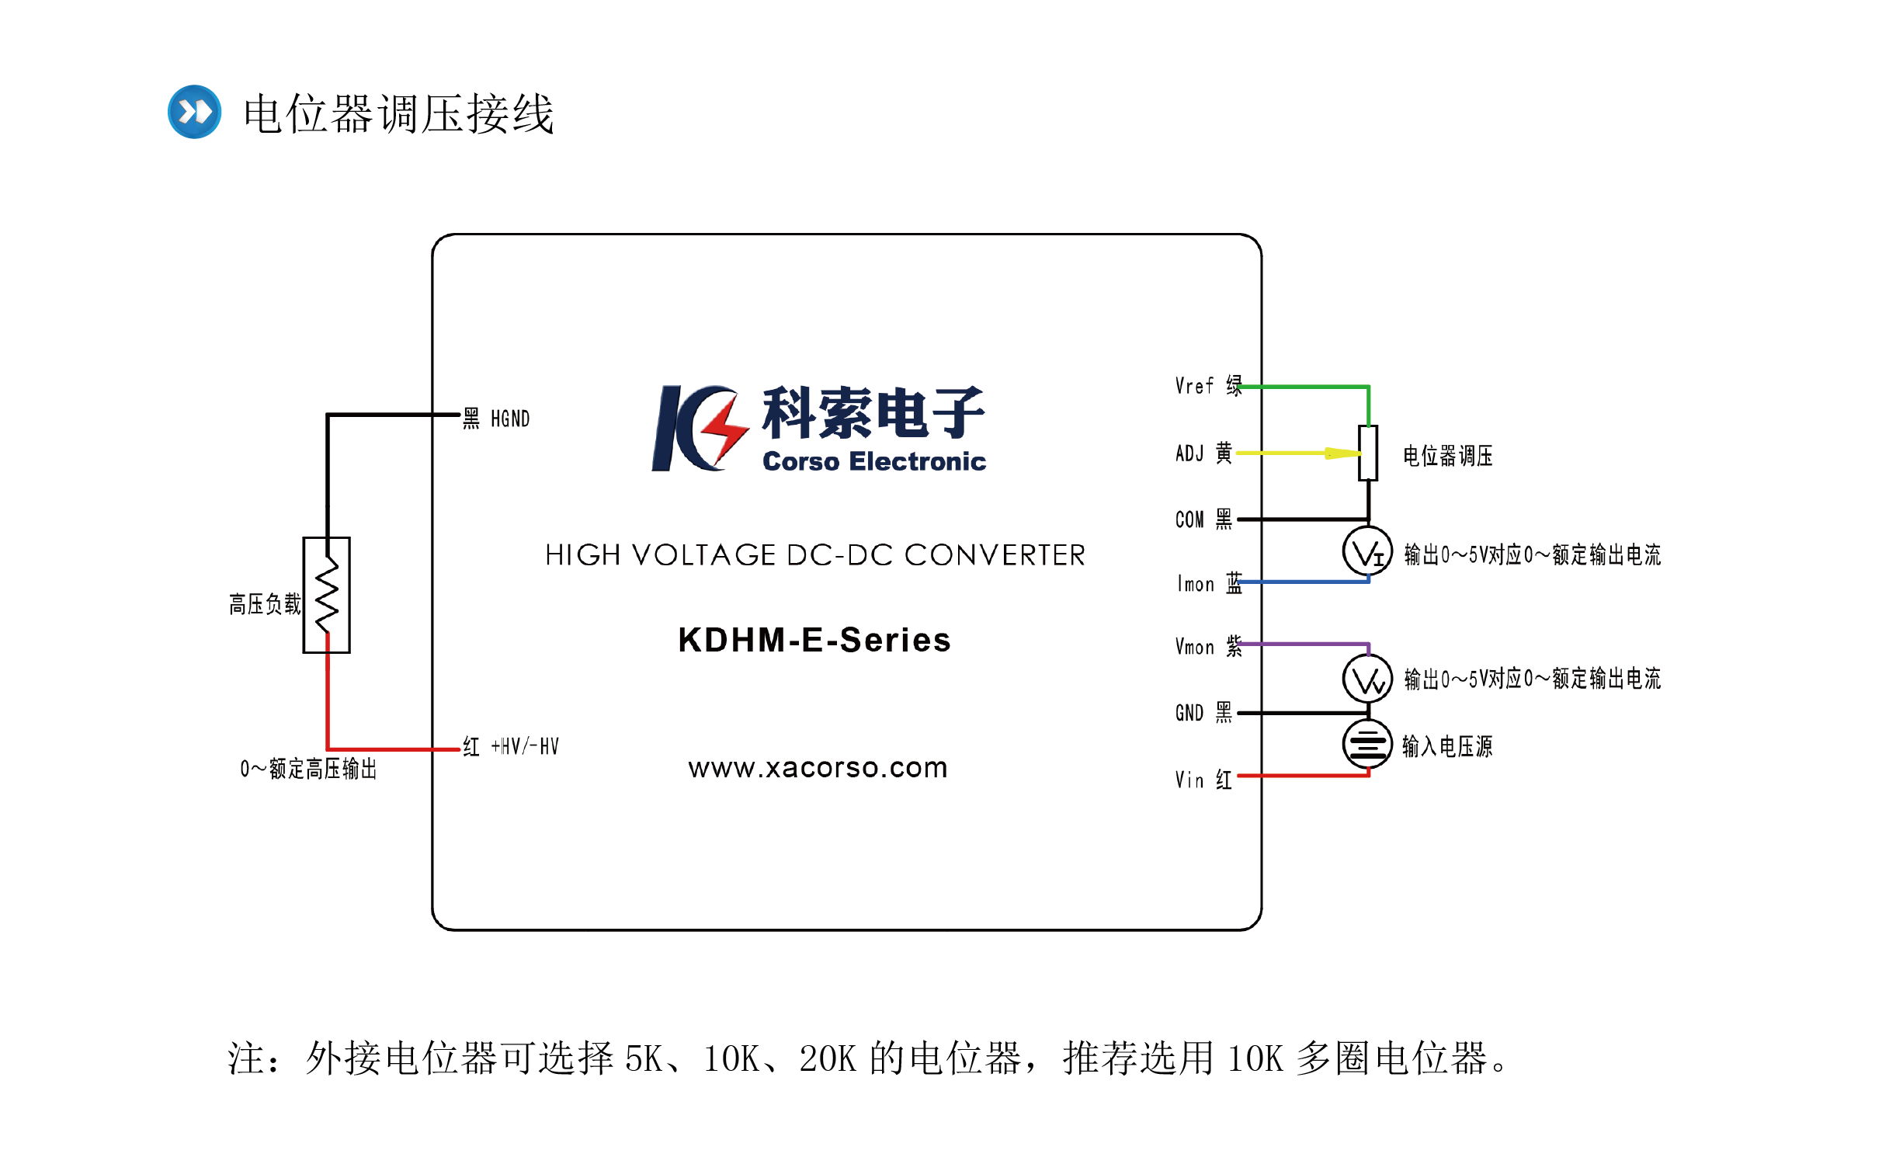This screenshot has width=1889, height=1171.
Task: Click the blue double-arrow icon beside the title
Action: point(194,112)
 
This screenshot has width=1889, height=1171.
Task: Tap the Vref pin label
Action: point(1194,386)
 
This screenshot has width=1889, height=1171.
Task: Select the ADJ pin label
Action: point(1189,453)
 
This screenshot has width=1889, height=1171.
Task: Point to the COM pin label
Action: point(1189,519)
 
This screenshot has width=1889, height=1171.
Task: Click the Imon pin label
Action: point(1195,584)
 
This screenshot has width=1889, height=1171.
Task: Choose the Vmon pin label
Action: point(1194,647)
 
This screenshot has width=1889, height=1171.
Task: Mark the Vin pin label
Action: point(1189,780)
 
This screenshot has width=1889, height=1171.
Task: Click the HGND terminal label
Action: point(510,419)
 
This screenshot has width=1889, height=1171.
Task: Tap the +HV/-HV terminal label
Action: point(525,747)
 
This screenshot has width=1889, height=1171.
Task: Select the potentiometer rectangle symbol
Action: point(1368,453)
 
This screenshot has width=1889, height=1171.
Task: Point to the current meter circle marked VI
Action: point(1367,552)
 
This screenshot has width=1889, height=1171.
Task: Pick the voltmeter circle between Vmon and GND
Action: point(1367,679)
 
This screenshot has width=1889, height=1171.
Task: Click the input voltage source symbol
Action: point(1367,744)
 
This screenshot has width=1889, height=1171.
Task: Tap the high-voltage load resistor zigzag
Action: point(327,595)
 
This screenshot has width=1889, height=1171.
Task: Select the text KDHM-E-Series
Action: point(814,641)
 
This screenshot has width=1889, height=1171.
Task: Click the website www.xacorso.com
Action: point(818,768)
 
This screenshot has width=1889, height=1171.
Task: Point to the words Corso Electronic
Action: point(873,461)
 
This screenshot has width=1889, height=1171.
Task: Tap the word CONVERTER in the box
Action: point(995,555)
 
